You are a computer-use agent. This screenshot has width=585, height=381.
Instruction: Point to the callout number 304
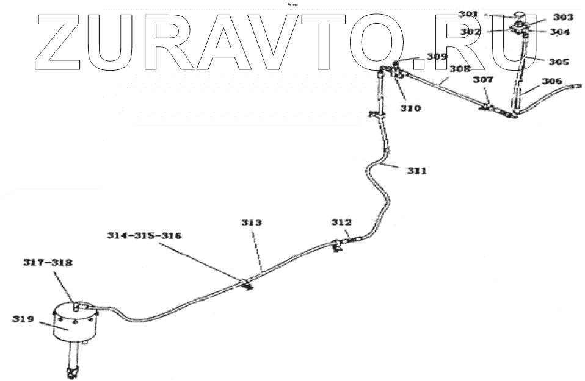coord(559,32)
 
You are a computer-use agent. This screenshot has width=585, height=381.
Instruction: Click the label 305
coord(559,62)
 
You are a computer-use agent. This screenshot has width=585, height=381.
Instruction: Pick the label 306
coord(553,81)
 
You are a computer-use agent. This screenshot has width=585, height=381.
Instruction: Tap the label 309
coord(437,57)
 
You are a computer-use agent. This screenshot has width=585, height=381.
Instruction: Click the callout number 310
coord(410,109)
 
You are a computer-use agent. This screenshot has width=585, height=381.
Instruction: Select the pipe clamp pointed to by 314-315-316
coord(247,283)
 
